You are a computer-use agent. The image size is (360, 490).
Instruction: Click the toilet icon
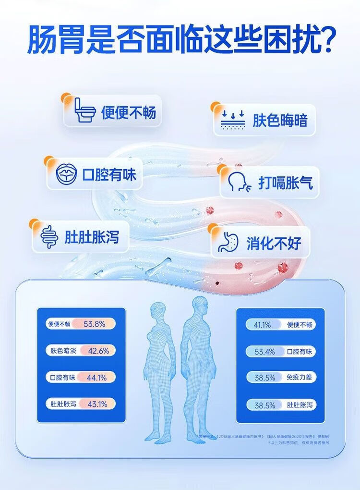pyautogui.click(x=85, y=112)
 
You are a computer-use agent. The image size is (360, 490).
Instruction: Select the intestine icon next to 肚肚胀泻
pyautogui.click(x=48, y=236)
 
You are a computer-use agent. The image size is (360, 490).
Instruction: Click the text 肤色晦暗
pyautogui.click(x=280, y=120)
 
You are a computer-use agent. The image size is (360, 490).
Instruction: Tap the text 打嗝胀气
pyautogui.click(x=286, y=183)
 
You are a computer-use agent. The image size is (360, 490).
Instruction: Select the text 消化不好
pyautogui.click(x=274, y=243)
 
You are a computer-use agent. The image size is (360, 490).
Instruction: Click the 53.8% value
pyautogui.click(x=94, y=324)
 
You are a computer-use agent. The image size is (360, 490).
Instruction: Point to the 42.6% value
pyautogui.click(x=98, y=351)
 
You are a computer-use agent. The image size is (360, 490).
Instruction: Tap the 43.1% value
pyautogui.click(x=97, y=404)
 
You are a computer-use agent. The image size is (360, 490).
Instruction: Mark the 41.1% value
pyautogui.click(x=262, y=325)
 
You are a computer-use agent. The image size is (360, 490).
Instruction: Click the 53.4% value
pyautogui.click(x=264, y=352)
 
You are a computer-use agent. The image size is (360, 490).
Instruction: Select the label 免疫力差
pyautogui.click(x=300, y=378)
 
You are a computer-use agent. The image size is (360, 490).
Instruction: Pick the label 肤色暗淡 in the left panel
pyautogui.click(x=63, y=351)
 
